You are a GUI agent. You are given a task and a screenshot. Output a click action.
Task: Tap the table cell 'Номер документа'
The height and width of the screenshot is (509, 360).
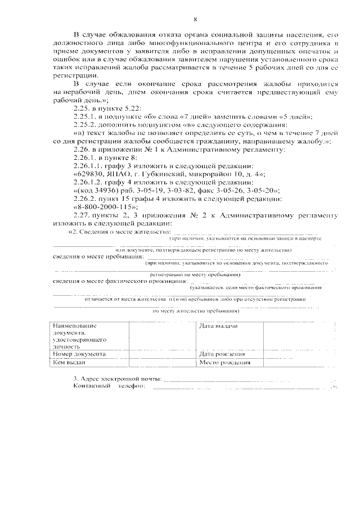click(x=78, y=354)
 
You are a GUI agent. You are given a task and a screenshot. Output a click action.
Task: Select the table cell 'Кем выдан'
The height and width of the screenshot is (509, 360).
click(x=68, y=363)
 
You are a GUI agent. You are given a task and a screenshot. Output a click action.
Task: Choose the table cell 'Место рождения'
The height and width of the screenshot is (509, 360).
click(x=225, y=363)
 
